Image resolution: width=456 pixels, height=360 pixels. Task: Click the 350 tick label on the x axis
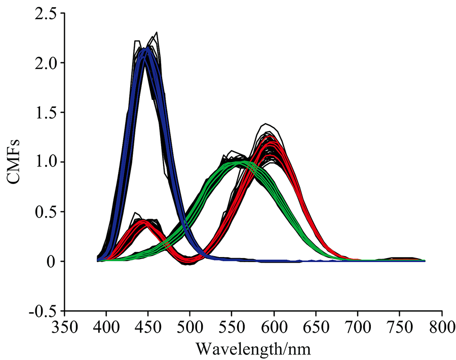click(64, 325)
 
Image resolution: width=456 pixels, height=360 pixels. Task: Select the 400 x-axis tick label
click(106, 325)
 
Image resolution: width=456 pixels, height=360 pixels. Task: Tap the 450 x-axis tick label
click(148, 325)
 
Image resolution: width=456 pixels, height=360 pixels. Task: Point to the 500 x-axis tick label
click(190, 325)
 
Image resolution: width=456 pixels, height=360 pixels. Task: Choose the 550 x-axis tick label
click(232, 325)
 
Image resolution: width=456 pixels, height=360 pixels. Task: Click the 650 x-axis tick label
click(316, 325)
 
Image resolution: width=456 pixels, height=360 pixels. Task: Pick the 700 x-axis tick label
click(358, 325)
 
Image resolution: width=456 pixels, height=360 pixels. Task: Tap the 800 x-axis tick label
click(441, 325)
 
